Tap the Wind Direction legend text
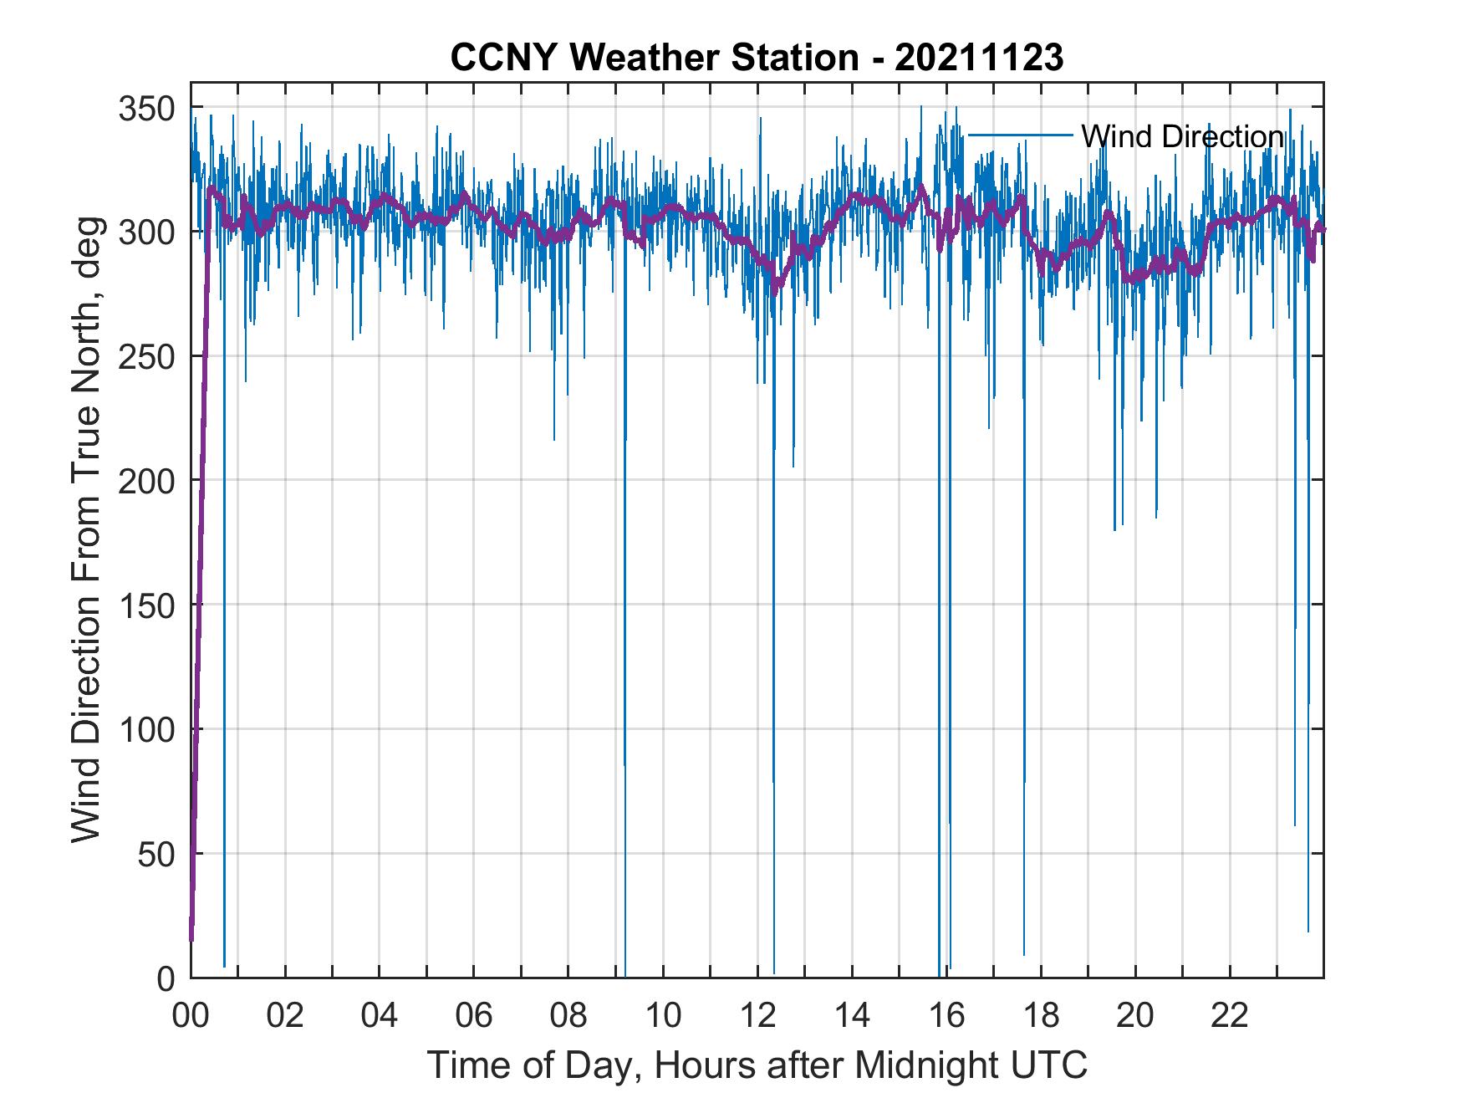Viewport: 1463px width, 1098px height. [x=1182, y=136]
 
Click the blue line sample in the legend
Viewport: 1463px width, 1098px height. [x=1020, y=135]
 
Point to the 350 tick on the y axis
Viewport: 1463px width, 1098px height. [x=146, y=109]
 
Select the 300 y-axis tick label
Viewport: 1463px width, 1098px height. [x=146, y=232]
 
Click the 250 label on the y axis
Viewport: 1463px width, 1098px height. [x=146, y=357]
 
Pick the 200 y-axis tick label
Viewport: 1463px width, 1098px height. [x=146, y=481]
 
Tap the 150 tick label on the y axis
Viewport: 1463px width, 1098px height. [x=146, y=605]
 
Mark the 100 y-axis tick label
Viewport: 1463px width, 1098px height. [x=146, y=729]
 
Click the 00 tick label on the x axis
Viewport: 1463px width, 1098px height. [x=191, y=1015]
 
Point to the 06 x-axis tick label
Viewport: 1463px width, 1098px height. [x=474, y=1015]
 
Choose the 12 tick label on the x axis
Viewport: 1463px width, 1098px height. [x=757, y=1015]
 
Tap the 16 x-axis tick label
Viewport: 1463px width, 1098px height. [x=946, y=1015]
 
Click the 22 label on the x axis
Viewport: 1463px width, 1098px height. [x=1230, y=1015]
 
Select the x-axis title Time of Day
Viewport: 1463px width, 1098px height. [x=757, y=1065]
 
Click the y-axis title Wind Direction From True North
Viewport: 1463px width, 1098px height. [x=86, y=529]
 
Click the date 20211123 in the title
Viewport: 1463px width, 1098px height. [x=978, y=59]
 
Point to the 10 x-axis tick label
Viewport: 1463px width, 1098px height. [x=663, y=1015]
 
